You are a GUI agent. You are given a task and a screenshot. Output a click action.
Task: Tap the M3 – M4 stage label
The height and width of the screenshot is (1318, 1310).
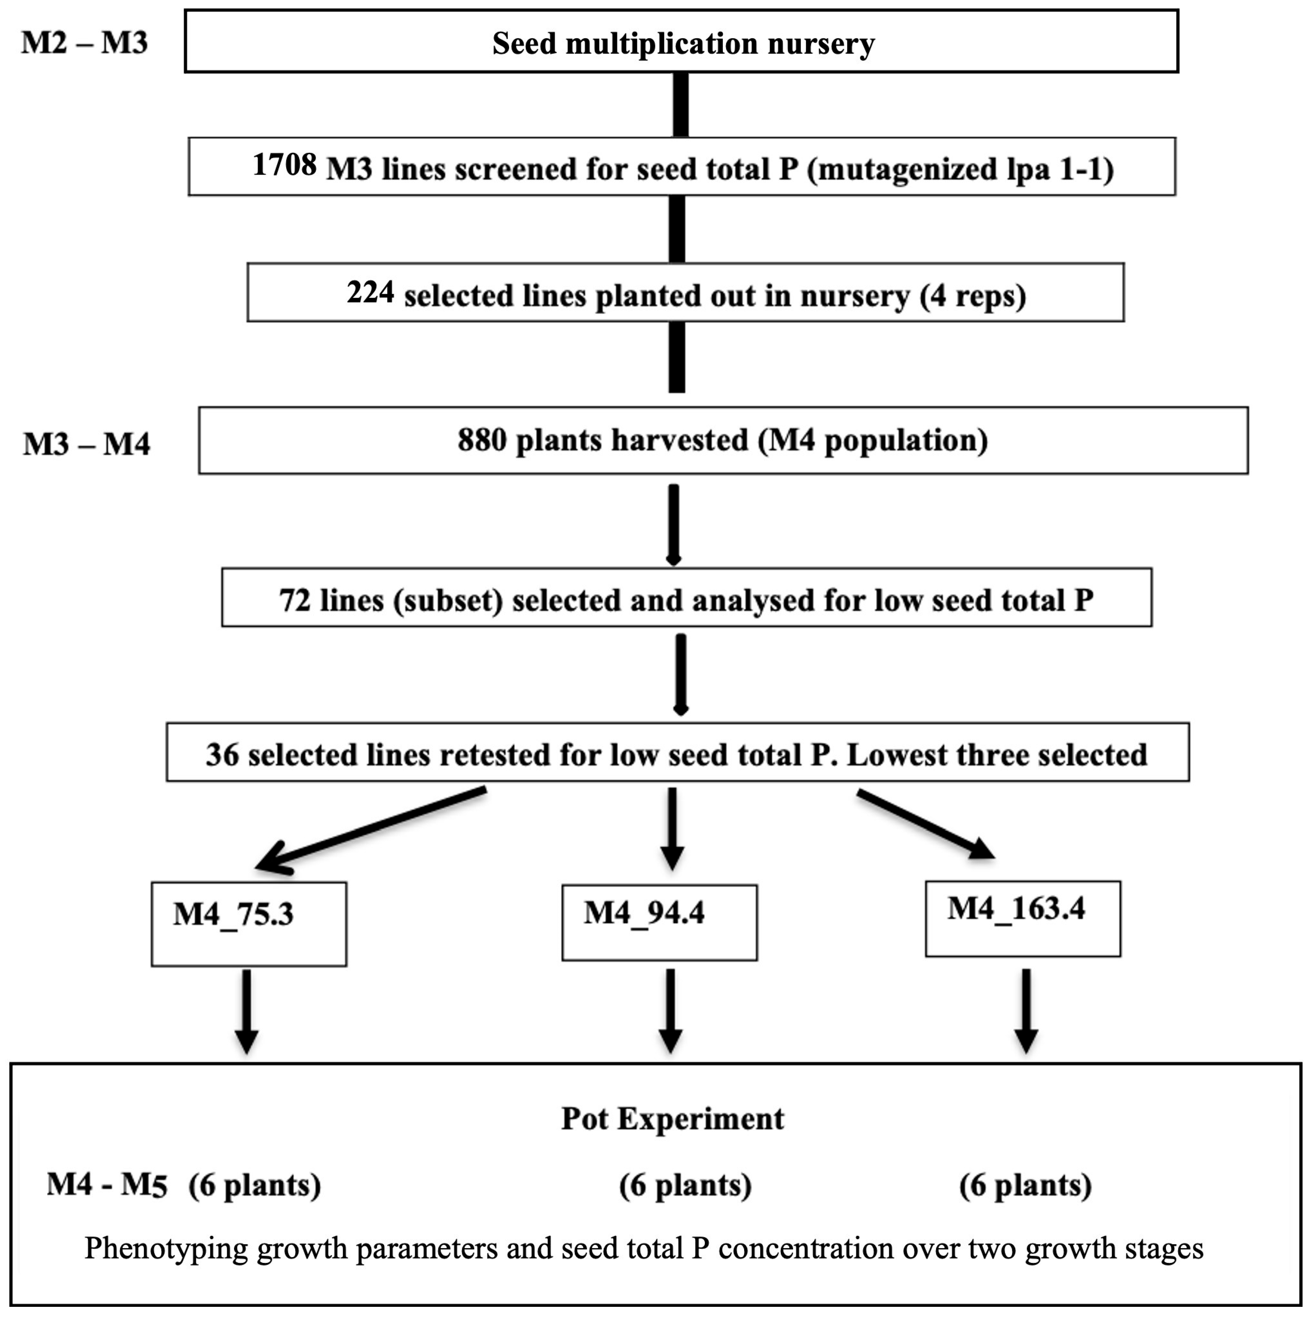87,445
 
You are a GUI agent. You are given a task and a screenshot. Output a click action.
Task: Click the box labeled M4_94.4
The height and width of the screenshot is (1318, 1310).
659,922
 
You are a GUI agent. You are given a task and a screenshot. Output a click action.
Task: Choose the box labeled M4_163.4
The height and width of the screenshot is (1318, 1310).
1022,918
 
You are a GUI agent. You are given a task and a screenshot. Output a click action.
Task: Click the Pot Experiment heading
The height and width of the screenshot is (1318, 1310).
672,1119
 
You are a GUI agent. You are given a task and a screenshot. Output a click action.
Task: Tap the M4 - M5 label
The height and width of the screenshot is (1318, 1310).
107,1185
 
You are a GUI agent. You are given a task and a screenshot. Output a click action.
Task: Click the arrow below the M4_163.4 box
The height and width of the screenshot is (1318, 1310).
1026,1009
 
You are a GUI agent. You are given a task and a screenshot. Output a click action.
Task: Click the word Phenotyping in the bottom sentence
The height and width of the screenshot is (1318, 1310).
166,1248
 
